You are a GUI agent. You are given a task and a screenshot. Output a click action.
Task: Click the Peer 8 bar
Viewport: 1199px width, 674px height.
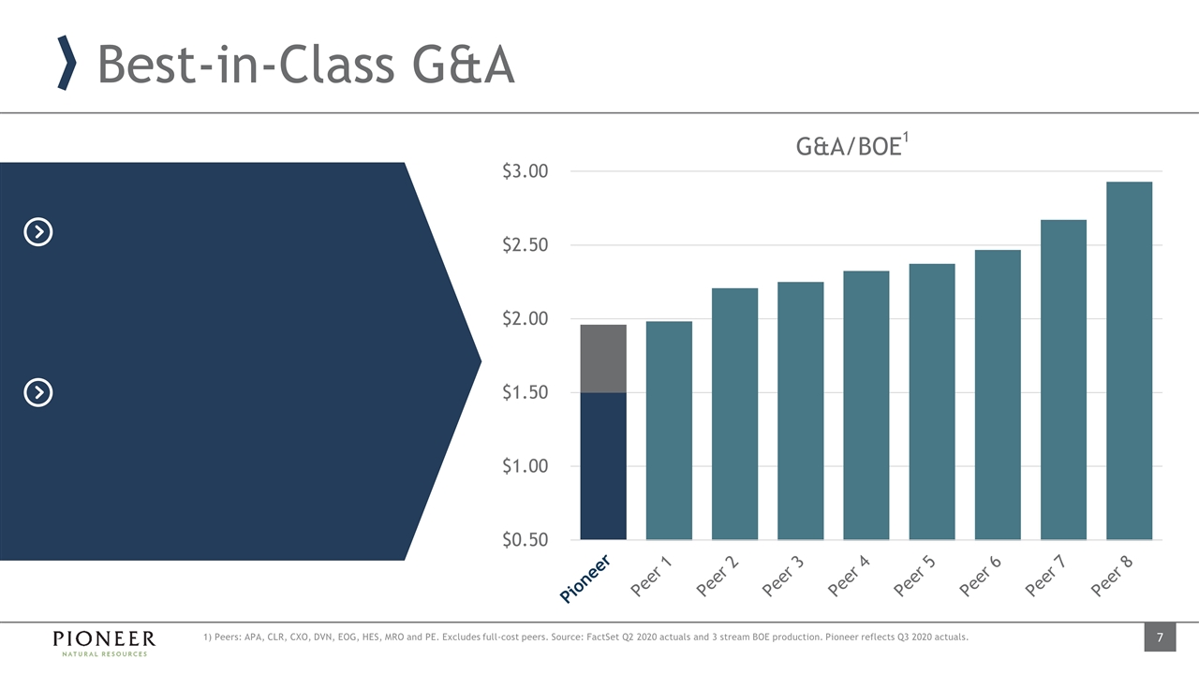click(x=1129, y=360)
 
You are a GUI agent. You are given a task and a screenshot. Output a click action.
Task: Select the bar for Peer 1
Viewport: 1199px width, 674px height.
click(x=669, y=431)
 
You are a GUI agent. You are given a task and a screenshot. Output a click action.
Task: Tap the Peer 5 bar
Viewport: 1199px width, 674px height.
click(x=932, y=402)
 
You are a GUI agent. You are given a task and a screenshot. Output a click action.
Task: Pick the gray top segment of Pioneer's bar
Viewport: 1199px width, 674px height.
click(x=603, y=359)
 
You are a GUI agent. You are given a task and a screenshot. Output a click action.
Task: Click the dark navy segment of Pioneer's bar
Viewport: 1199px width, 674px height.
click(x=603, y=466)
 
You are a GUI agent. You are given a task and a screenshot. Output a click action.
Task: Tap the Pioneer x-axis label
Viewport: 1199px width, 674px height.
click(x=586, y=577)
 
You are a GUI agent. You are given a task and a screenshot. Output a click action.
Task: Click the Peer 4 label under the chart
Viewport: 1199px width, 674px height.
click(x=850, y=577)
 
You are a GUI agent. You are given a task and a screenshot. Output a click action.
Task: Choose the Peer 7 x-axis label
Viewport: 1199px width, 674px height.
click(x=1046, y=577)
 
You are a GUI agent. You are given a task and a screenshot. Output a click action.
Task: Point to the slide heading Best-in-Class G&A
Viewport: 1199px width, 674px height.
click(x=305, y=66)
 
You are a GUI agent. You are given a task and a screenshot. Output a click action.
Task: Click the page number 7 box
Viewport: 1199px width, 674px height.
click(x=1159, y=638)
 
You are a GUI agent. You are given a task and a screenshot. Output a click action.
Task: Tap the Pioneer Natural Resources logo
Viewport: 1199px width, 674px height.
click(x=103, y=642)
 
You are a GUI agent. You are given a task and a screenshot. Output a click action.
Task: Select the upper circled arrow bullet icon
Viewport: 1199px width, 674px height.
click(x=37, y=231)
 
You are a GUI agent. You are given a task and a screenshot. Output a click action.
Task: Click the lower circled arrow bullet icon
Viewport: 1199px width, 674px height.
click(x=37, y=392)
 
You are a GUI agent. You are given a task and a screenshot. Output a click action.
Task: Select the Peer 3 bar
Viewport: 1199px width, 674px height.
click(x=801, y=410)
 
